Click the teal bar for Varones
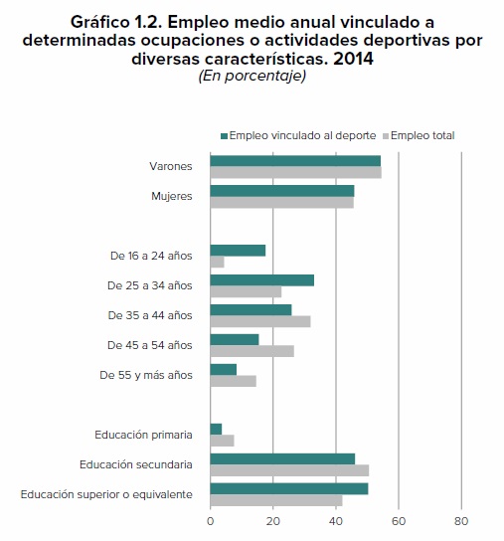[x=295, y=161]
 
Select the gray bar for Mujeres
[x=282, y=203]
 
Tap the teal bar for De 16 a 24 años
[x=238, y=251]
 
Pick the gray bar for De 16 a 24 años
[x=217, y=262]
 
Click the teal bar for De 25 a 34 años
[x=261, y=280]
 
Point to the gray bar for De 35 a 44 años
[x=260, y=321]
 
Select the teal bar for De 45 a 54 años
[x=235, y=340]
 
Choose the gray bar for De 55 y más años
[x=234, y=381]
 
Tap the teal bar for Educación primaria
[x=216, y=430]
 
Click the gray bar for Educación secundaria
[x=289, y=470]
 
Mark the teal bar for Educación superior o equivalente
[x=289, y=489]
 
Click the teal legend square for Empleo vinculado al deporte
[x=225, y=136]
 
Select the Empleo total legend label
[x=422, y=135]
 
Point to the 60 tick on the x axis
[x=399, y=521]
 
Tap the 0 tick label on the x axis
[x=211, y=521]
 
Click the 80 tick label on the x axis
[x=461, y=521]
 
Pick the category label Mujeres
[x=172, y=196]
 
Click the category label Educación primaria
[x=143, y=435]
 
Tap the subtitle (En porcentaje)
[x=252, y=77]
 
